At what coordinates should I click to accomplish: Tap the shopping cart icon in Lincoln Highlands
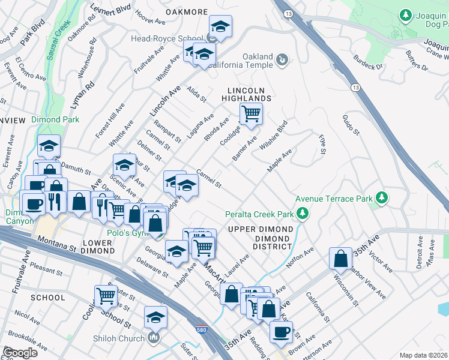251,112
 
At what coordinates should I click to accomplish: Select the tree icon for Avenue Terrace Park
381,197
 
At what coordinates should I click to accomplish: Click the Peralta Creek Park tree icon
304,213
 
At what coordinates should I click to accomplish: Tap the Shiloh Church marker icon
154,338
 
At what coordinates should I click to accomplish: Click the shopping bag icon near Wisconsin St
340,258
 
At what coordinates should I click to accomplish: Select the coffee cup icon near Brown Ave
280,331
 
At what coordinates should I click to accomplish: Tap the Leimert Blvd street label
110,10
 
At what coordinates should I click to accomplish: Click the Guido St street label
351,124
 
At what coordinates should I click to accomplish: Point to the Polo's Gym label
127,233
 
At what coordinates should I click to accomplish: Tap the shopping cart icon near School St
106,295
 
